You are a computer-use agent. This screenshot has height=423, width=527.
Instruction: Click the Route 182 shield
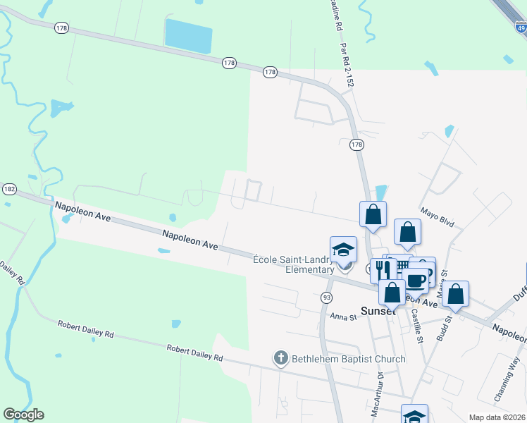tap(9, 189)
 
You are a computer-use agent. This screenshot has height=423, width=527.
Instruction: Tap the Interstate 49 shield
tap(521, 29)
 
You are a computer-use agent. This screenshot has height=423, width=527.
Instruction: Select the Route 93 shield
tap(326, 298)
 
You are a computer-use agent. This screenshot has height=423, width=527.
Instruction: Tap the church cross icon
tap(280, 359)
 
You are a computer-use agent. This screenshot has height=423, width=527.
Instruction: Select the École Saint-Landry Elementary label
tap(293, 264)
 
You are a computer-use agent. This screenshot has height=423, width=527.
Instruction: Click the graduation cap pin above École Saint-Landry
tap(344, 250)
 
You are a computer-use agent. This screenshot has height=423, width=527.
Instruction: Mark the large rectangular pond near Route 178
tap(188, 36)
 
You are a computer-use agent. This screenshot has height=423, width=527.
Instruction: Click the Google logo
tap(23, 415)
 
